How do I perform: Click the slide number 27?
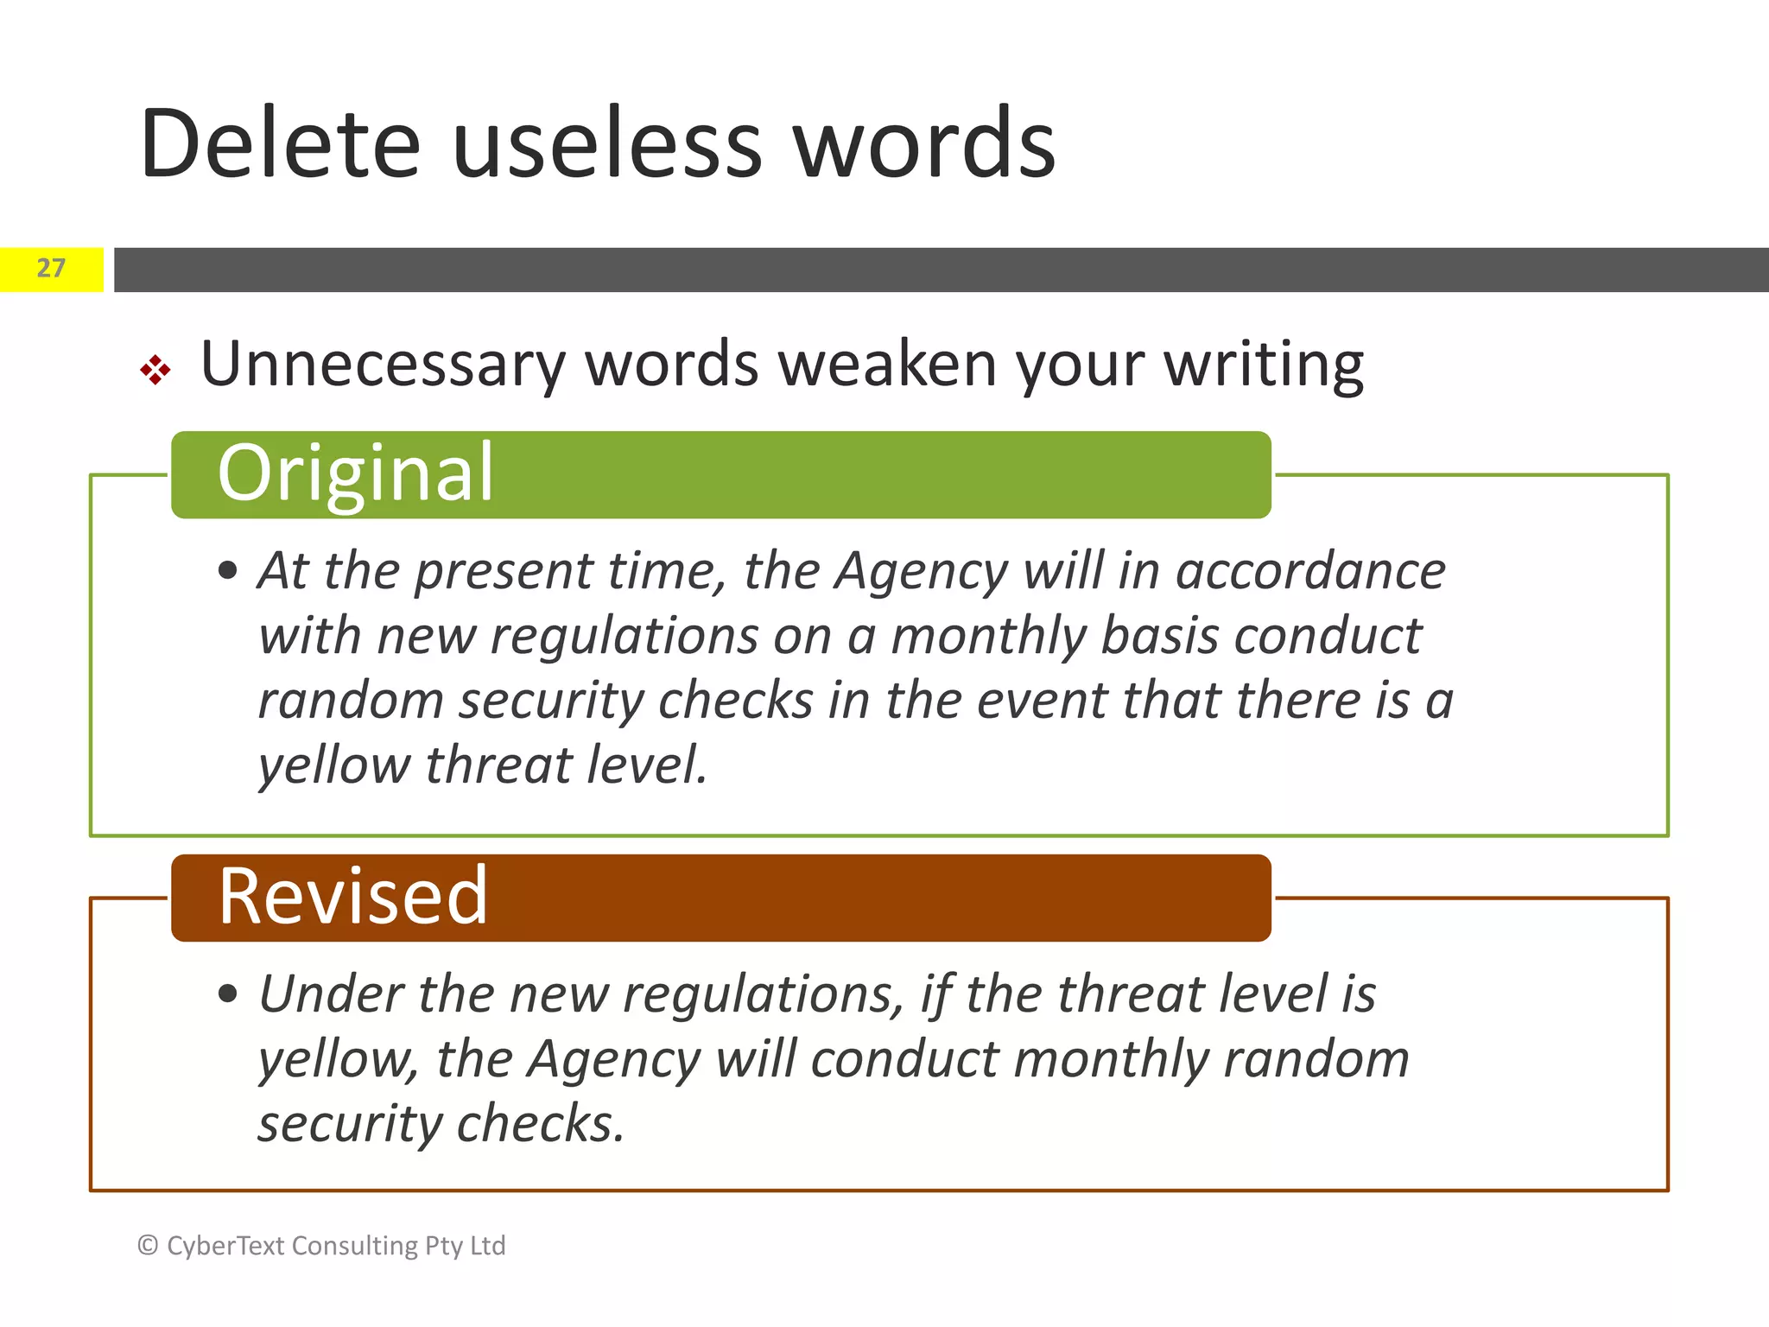(x=51, y=269)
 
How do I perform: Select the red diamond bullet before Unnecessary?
(x=155, y=370)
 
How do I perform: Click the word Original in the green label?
(x=355, y=473)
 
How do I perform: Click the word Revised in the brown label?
(x=352, y=897)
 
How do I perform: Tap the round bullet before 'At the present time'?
(x=228, y=571)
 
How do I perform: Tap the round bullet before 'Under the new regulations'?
(x=228, y=994)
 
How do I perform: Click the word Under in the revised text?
(x=331, y=994)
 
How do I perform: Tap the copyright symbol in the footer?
(x=148, y=1246)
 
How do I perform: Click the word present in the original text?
(x=504, y=573)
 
